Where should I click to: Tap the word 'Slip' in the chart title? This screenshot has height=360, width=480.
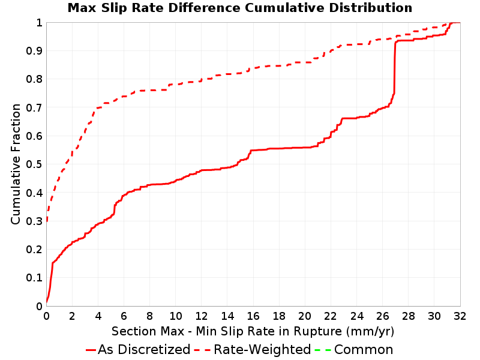(x=113, y=8)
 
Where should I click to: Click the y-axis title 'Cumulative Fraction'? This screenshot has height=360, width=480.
(x=16, y=164)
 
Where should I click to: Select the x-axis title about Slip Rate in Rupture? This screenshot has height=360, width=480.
(x=253, y=331)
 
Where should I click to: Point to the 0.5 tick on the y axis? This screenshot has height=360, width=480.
(x=34, y=164)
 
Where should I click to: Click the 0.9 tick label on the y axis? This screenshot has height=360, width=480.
(x=34, y=50)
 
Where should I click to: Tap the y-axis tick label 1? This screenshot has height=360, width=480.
(x=39, y=23)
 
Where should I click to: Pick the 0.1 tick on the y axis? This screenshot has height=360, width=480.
(x=34, y=278)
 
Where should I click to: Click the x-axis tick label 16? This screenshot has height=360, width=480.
(x=253, y=316)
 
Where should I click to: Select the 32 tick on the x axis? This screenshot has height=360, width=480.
(x=460, y=316)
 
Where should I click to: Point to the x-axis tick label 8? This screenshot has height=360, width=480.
(x=149, y=316)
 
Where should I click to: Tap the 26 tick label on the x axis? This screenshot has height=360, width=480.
(x=382, y=316)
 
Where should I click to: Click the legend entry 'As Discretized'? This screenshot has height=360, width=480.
(x=144, y=350)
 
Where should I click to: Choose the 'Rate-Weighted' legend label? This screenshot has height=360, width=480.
(x=262, y=350)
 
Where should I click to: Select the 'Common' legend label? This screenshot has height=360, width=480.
(x=364, y=350)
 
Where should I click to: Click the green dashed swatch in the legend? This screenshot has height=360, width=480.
(x=323, y=350)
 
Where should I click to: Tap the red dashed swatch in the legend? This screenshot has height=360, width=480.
(x=202, y=350)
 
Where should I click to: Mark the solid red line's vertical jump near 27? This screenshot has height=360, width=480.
(x=395, y=67)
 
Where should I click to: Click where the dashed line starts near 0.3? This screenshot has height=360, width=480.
(x=47, y=220)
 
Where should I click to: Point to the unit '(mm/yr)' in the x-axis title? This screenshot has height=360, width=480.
(x=370, y=332)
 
